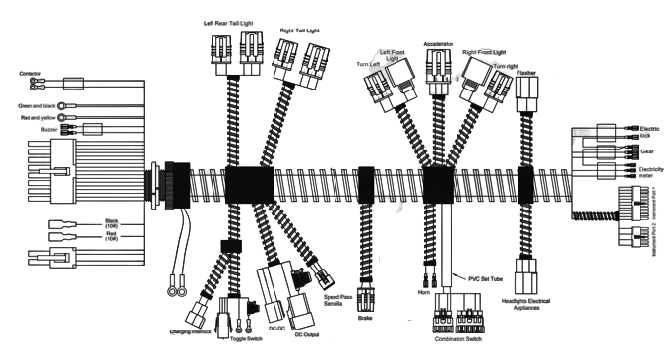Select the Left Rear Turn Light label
(226, 20)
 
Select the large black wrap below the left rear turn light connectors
(246, 184)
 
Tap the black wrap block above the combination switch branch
(436, 184)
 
